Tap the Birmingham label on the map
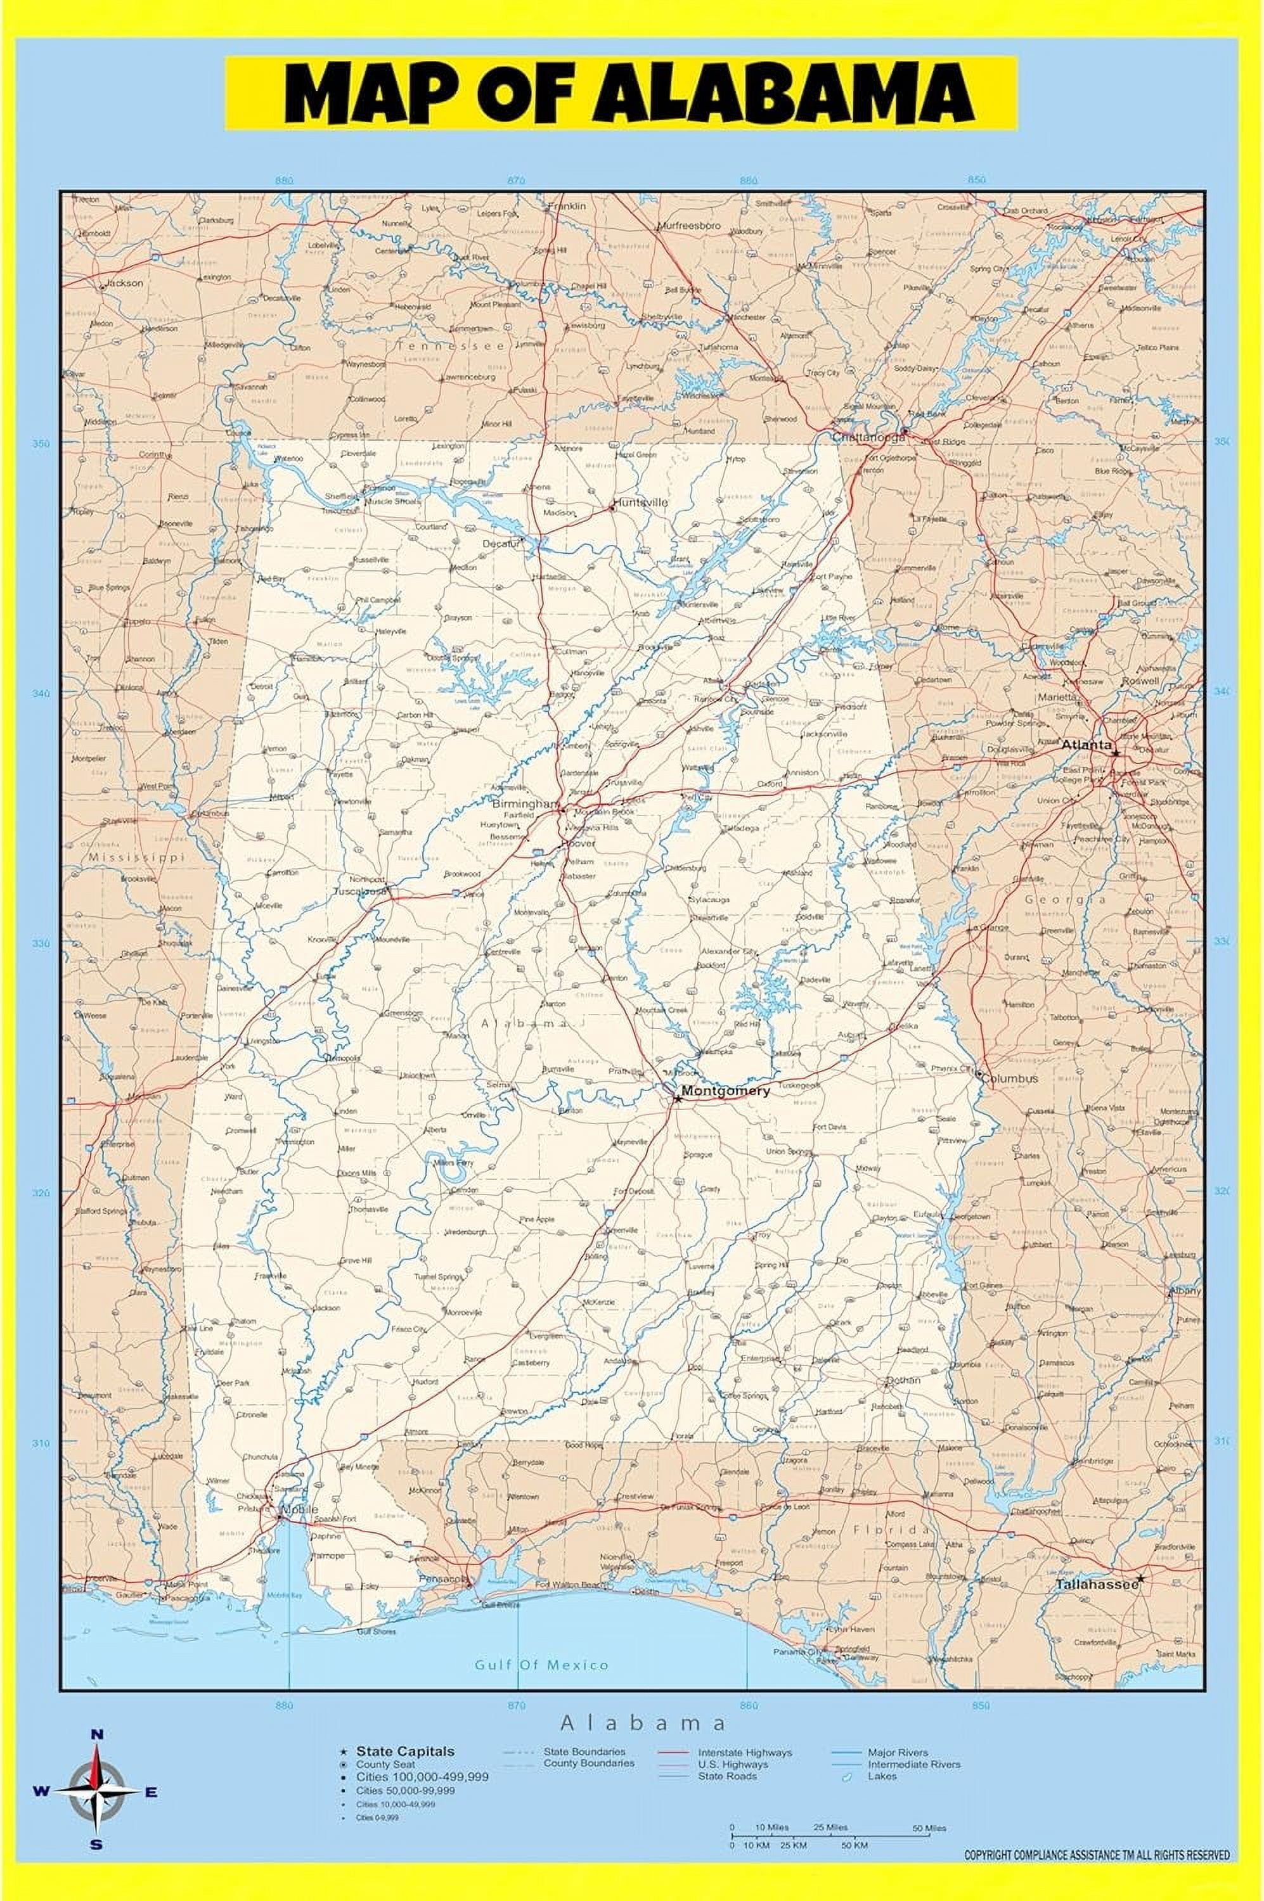[x=525, y=804]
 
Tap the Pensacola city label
[x=442, y=1580]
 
